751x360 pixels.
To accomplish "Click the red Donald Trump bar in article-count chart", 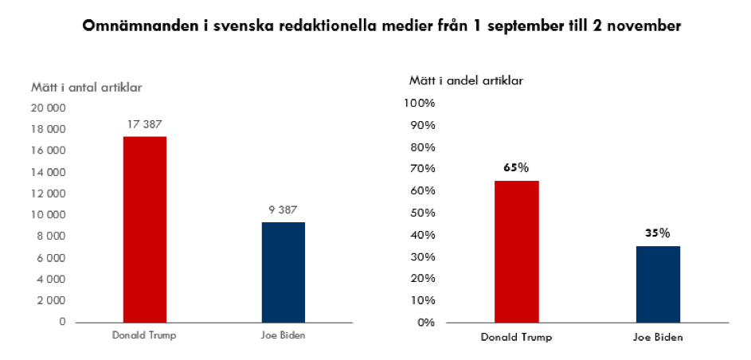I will (x=144, y=229).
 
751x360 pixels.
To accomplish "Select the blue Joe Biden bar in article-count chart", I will (x=283, y=272).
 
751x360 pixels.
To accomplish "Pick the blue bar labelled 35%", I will (x=657, y=284).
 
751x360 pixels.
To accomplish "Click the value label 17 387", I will (x=144, y=124).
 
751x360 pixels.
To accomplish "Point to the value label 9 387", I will (x=283, y=209).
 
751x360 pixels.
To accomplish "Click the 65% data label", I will (x=515, y=168).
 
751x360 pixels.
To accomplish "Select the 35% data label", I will (x=657, y=233).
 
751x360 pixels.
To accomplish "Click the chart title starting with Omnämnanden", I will (x=381, y=25).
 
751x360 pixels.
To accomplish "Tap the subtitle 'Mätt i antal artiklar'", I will (x=87, y=88).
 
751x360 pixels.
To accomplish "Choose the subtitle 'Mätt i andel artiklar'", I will (x=466, y=80).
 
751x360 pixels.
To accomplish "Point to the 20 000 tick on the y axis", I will (x=49, y=108).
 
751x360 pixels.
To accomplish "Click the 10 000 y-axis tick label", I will (x=49, y=215).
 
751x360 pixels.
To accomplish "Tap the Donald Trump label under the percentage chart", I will (x=516, y=337).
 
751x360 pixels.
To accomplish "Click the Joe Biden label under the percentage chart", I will (x=657, y=337).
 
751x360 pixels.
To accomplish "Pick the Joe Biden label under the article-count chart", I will (x=283, y=335).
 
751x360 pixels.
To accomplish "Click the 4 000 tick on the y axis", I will (x=51, y=280).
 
